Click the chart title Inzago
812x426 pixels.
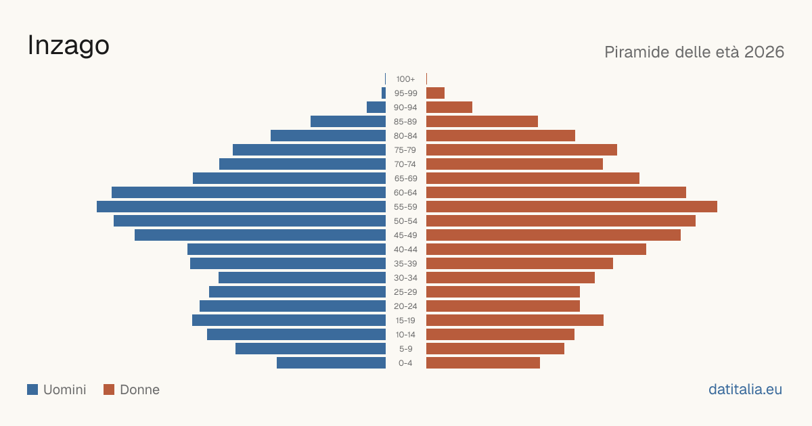point(68,46)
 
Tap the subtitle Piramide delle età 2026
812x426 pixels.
point(694,52)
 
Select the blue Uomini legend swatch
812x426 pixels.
point(32,389)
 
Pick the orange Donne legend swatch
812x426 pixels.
point(109,389)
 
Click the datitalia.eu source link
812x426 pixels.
point(745,389)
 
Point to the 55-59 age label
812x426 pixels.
point(405,207)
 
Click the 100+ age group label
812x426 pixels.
point(405,79)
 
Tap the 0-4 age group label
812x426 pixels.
point(405,363)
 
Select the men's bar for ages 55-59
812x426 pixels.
point(241,207)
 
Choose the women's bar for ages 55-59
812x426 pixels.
point(572,207)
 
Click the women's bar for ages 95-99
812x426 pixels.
point(435,93)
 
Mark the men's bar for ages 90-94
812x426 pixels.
point(376,108)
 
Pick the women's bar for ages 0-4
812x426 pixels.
point(483,363)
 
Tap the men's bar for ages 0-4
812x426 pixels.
point(332,363)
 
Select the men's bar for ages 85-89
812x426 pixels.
point(348,121)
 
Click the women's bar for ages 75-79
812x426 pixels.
point(522,150)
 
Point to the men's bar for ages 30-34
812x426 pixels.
point(302,278)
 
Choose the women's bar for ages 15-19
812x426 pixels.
point(515,321)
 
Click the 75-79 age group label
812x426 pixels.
point(405,150)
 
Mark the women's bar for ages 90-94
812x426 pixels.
point(449,108)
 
